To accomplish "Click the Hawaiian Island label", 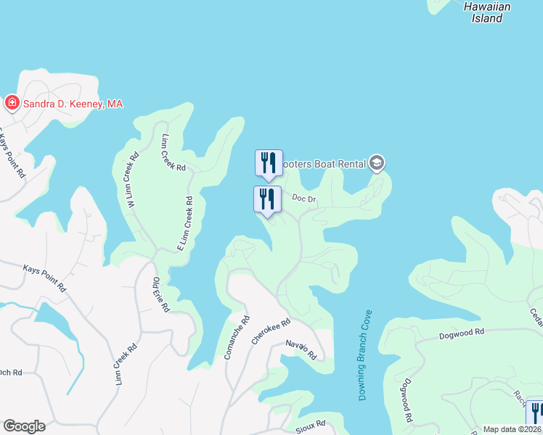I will point(487,12).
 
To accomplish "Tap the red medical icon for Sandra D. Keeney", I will point(12,104).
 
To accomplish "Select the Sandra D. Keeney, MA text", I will point(73,104).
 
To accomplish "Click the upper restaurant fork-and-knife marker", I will point(269,163).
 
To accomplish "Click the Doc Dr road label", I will point(305,198).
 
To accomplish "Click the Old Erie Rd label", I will point(160,295).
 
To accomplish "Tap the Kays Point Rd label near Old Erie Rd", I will point(44,278).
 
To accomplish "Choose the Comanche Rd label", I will point(238,339).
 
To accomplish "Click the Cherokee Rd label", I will point(271,331).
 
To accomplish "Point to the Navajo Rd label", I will point(301,350).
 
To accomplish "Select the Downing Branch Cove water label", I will point(365,355).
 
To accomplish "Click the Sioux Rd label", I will point(311,423).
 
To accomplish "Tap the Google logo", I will point(23,426).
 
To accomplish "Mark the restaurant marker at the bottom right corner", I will point(535,413).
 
